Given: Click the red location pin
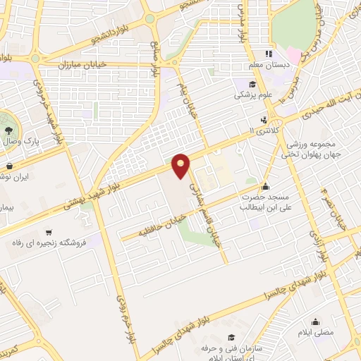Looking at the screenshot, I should pos(181,166).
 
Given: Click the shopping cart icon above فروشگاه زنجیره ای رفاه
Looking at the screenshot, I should pos(49,232).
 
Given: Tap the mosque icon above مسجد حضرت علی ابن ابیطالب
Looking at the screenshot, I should pos(266,187).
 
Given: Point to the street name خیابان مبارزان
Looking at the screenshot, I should pos(95,63).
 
